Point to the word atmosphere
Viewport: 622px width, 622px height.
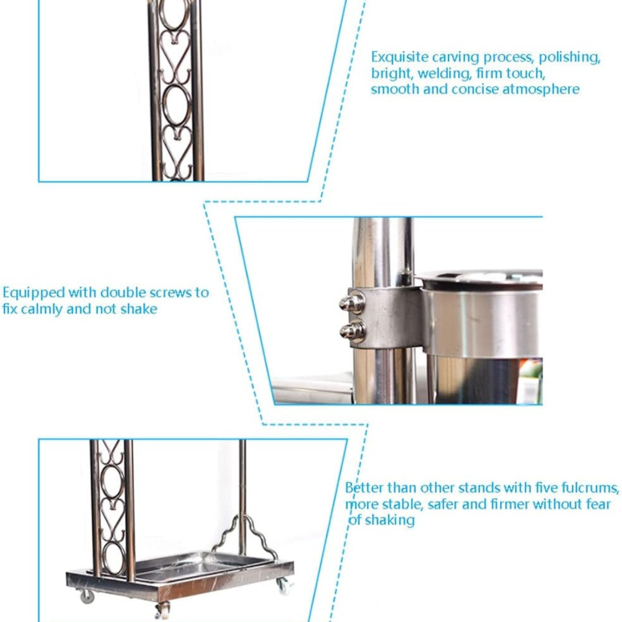coord(541,90)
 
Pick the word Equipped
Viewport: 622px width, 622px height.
coord(34,293)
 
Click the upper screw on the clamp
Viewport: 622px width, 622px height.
coord(352,303)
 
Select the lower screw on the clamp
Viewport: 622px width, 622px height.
coord(353,332)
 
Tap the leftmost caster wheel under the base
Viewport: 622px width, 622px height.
coord(87,596)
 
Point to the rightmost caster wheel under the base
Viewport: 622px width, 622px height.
coord(284,587)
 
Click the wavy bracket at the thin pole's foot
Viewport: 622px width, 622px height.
coord(244,536)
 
